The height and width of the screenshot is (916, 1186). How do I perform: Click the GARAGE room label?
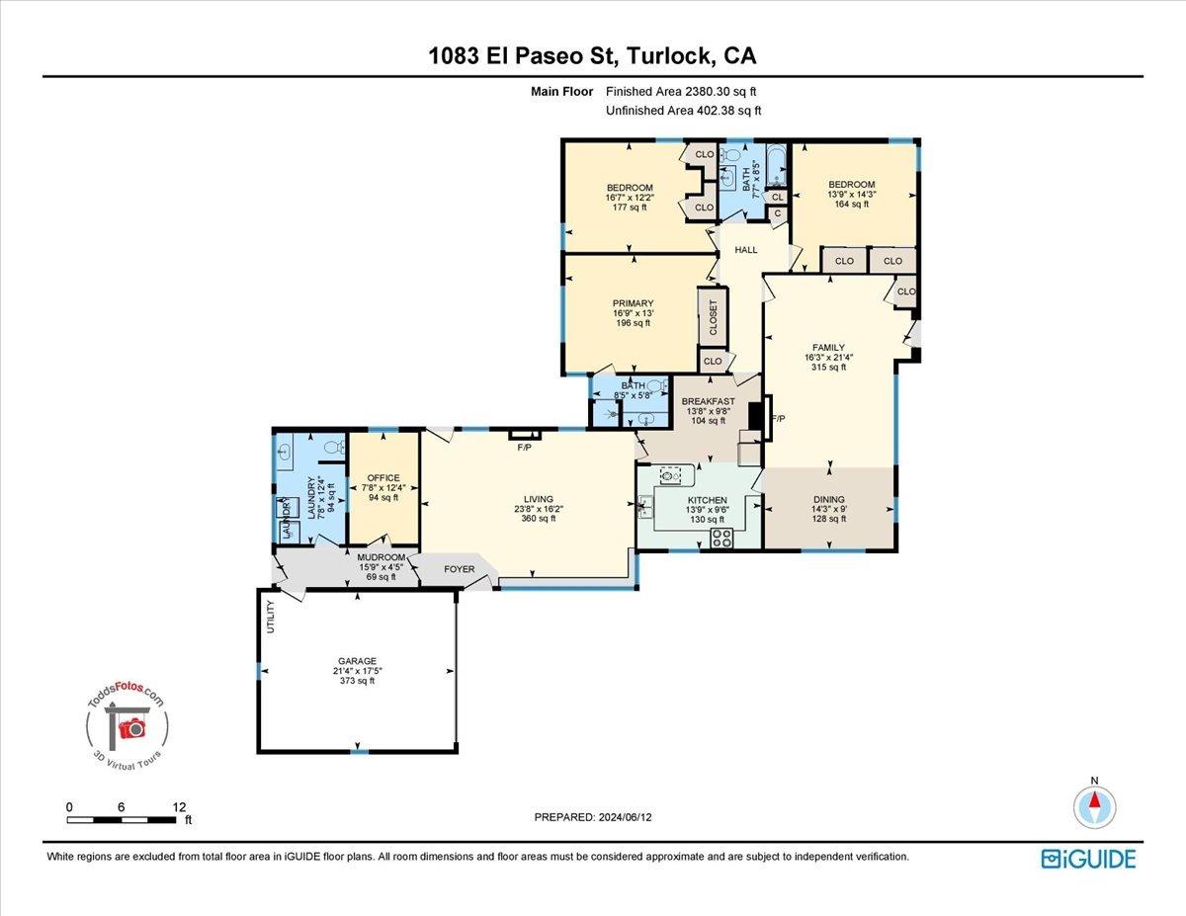(x=357, y=661)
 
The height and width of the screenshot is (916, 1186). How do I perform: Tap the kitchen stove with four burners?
(x=721, y=538)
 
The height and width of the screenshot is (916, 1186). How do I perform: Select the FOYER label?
(x=459, y=569)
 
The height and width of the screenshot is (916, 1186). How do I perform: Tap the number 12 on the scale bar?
(x=179, y=807)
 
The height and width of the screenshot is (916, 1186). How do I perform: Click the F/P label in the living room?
(x=524, y=448)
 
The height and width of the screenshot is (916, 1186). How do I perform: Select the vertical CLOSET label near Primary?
(x=713, y=317)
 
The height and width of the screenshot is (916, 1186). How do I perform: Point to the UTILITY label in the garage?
(x=270, y=617)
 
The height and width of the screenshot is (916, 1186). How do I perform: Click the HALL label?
(x=745, y=250)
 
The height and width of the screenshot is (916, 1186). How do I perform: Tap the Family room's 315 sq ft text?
(x=828, y=368)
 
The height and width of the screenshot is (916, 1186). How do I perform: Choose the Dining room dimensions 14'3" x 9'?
(x=829, y=509)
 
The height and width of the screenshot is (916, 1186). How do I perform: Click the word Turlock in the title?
(x=670, y=55)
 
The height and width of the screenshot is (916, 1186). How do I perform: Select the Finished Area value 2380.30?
(x=706, y=92)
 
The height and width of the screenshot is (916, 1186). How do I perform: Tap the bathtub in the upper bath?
(x=776, y=164)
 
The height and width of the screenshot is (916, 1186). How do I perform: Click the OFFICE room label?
(x=383, y=478)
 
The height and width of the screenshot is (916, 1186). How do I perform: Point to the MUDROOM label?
(x=381, y=557)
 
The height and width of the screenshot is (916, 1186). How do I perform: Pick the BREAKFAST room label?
(x=708, y=401)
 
